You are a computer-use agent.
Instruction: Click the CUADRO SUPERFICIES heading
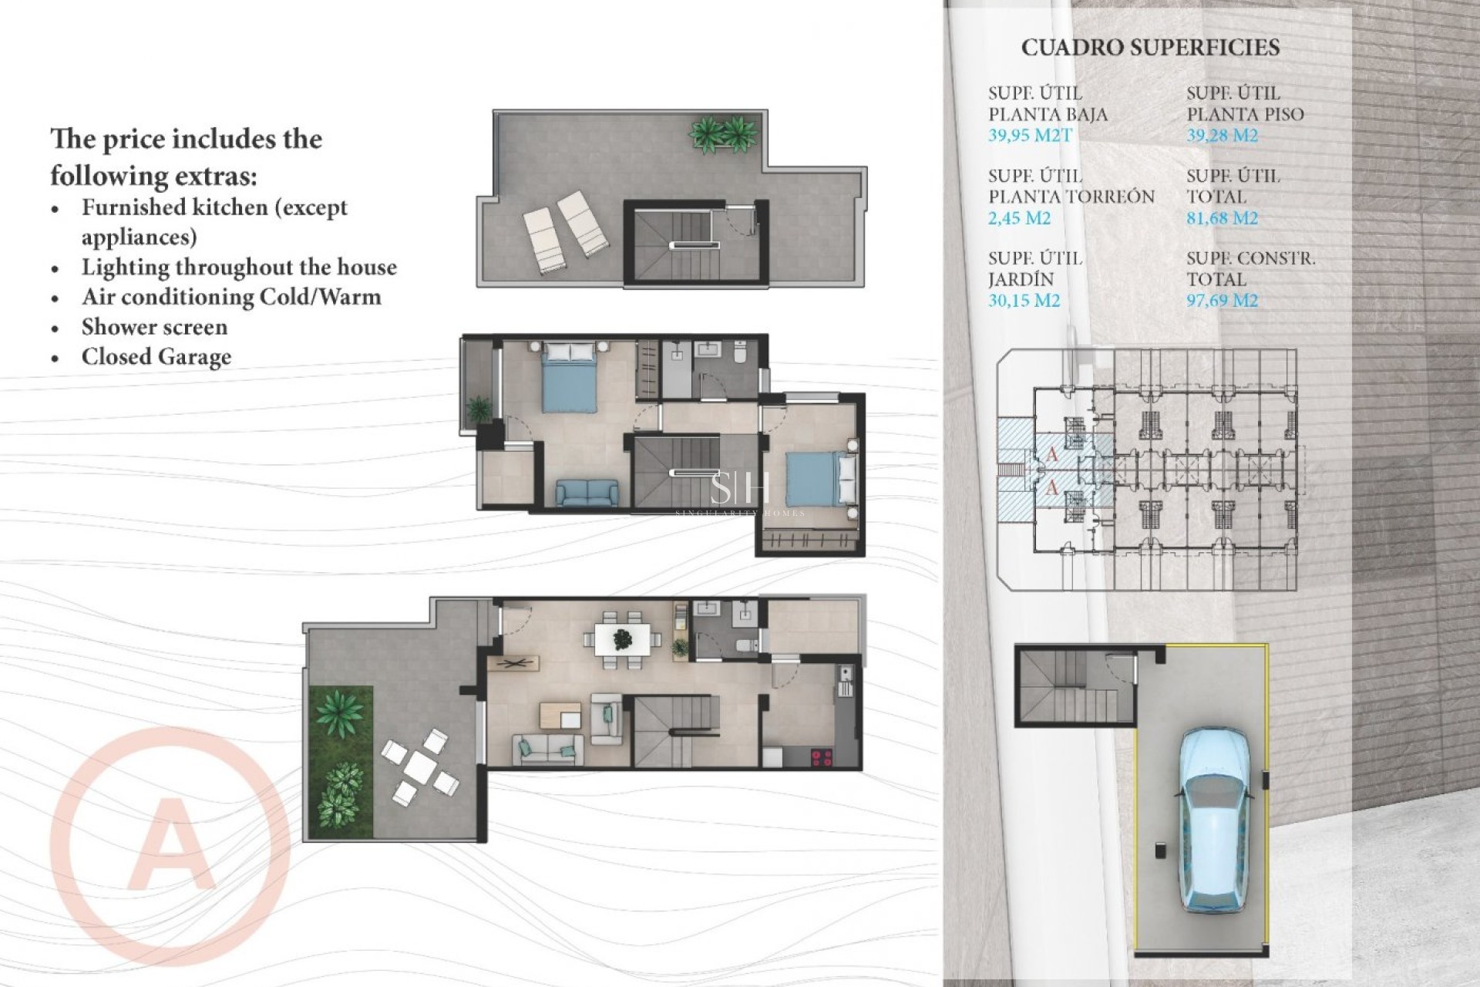[x=1150, y=48]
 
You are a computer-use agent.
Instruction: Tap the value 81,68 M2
[x=1222, y=218]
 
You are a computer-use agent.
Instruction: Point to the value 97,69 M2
[x=1222, y=301]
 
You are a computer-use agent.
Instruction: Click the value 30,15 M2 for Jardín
[x=1024, y=301]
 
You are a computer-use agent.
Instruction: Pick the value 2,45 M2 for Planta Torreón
[x=1019, y=218]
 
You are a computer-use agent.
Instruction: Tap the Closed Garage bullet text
[x=156, y=357]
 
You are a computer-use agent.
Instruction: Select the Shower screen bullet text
[x=154, y=327]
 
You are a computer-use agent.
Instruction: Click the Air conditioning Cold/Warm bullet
[x=231, y=297]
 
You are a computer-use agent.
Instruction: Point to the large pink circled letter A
[x=170, y=844]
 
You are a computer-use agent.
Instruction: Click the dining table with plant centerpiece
[x=622, y=639]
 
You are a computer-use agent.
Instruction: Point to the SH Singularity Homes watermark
[x=739, y=494]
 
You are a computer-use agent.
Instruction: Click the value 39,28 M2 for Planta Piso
[x=1222, y=136]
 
